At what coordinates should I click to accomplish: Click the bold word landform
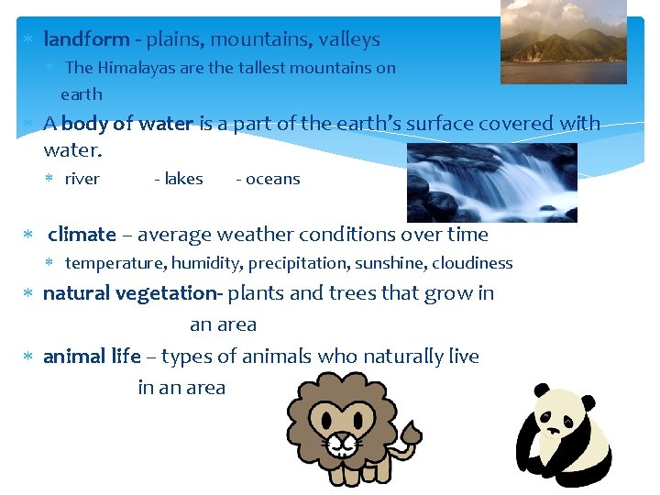[86, 39]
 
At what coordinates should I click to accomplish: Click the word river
[82, 179]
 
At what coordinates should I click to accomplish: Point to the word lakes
[183, 179]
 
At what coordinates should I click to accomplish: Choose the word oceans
[272, 179]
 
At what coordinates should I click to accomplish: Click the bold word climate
[82, 235]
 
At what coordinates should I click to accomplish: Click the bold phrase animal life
[92, 357]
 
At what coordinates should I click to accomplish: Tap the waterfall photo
[491, 181]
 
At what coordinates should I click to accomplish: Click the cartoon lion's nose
[343, 437]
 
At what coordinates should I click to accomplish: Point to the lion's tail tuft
[411, 431]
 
